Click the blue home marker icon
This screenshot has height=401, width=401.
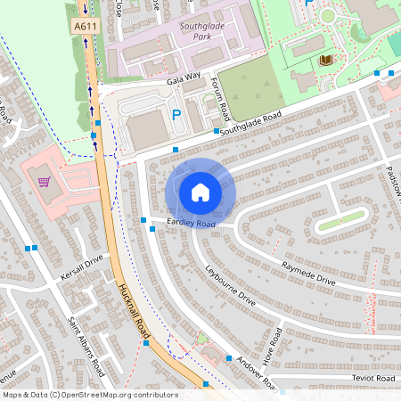pyautogui.click(x=200, y=192)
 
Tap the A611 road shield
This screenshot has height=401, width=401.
pyautogui.click(x=85, y=27)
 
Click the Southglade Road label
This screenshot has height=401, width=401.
pyautogui.click(x=251, y=124)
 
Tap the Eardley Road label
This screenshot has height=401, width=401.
pyautogui.click(x=191, y=224)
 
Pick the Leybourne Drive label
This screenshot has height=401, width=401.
pyautogui.click(x=230, y=285)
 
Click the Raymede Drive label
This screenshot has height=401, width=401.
pyautogui.click(x=308, y=274)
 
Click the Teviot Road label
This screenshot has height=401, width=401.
pyautogui.click(x=372, y=379)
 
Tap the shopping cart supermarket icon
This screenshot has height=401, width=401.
pyautogui.click(x=44, y=183)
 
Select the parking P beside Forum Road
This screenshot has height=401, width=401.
pyautogui.click(x=176, y=114)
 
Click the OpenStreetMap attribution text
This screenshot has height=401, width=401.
pyautogui.click(x=90, y=395)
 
